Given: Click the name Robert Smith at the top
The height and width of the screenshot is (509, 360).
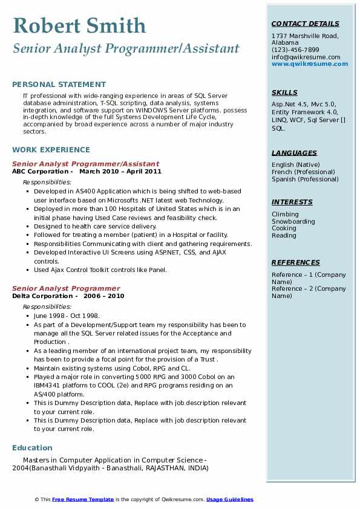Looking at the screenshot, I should coord(79,25).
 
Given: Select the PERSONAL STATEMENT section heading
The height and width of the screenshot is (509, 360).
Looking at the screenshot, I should coord(59,85).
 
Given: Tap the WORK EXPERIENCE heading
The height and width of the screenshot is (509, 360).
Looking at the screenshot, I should coord(51,150).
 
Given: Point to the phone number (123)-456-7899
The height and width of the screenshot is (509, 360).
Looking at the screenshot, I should coord(295,50).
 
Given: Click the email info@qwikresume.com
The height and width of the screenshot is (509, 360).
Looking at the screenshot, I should coord(306,57).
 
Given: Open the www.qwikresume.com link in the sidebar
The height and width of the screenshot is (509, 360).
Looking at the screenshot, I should coord(306,64).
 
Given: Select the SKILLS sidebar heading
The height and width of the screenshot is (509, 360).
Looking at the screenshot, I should coord(284,93).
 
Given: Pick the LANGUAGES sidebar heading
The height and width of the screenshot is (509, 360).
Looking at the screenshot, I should coord(294,154).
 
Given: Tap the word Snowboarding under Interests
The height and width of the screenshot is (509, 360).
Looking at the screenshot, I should coord(293,221).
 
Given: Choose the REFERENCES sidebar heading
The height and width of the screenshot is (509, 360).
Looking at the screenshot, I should coord(295,263).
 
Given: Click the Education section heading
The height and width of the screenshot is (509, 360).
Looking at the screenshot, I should coord(32,448).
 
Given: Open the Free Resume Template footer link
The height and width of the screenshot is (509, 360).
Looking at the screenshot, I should coord(83,499).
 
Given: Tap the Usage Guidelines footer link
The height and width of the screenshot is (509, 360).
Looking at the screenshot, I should coord(230,499).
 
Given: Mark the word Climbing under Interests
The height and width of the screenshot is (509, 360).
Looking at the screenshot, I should coord(285,214).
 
